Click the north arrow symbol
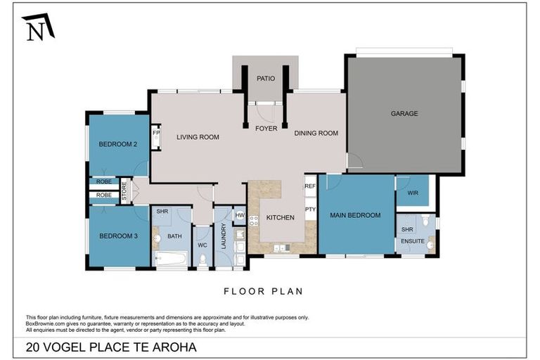(38, 27)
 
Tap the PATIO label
(266, 79)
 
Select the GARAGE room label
(404, 113)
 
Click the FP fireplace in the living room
(156, 137)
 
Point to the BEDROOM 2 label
(118, 144)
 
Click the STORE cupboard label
(124, 191)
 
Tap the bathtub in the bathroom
(171, 258)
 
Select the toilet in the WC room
(202, 259)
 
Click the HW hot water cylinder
(240, 215)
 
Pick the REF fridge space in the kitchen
(310, 186)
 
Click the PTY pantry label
(310, 209)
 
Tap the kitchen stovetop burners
(254, 221)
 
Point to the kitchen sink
(282, 247)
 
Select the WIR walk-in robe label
(413, 193)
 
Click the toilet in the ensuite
(425, 220)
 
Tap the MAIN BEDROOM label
(355, 215)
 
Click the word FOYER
(266, 129)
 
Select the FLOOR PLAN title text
(264, 291)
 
